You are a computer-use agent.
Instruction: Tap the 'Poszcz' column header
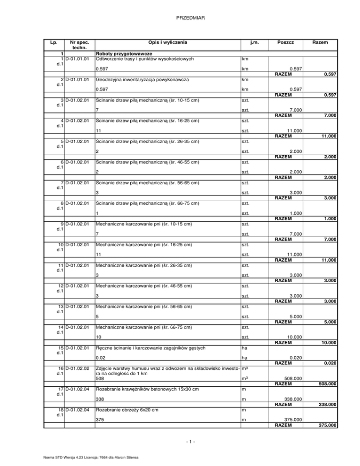[x=285, y=43]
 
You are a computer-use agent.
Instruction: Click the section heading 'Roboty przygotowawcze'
[x=122, y=54]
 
